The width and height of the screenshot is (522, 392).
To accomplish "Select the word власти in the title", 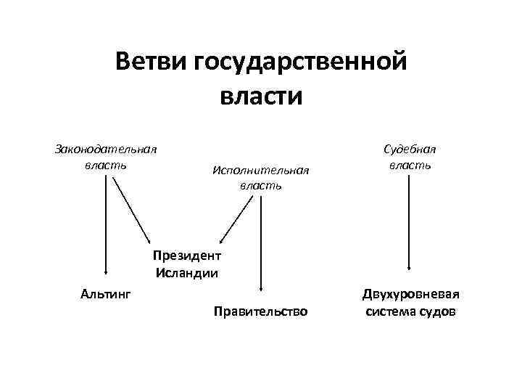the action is tap(260, 96).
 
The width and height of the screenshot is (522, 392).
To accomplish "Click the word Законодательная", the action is tap(107, 150).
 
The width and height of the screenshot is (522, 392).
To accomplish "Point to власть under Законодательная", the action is tap(107, 165).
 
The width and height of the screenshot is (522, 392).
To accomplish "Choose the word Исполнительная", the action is tap(261, 171).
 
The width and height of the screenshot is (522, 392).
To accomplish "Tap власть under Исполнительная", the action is tap(261, 186).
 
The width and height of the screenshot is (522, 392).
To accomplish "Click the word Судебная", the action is tap(410, 150).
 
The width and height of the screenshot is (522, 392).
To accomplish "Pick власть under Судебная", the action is tap(410, 165).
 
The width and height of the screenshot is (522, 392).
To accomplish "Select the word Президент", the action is tap(186, 256).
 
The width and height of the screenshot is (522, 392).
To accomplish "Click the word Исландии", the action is tap(186, 274).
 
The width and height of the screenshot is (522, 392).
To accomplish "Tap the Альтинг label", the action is tap(106, 294).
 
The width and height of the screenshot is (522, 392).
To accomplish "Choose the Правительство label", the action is tap(261, 312).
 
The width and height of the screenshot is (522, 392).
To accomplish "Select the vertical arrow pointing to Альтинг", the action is tap(106, 225).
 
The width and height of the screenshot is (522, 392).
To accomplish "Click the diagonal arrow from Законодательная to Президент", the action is tap(132, 211).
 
